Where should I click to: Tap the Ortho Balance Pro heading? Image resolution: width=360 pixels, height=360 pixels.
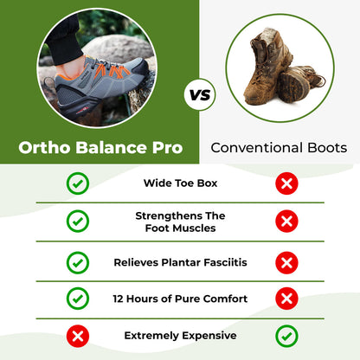(x=100, y=148)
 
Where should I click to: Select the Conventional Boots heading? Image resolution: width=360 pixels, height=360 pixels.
(x=280, y=148)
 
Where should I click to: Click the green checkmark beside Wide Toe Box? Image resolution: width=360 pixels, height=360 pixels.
(x=78, y=183)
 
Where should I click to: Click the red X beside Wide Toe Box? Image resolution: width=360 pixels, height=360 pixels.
(x=286, y=183)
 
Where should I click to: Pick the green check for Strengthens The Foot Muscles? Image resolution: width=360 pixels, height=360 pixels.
(x=78, y=222)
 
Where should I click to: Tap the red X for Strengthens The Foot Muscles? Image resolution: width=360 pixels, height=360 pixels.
(x=286, y=222)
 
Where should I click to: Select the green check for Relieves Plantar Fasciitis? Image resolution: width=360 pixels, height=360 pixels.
(x=78, y=261)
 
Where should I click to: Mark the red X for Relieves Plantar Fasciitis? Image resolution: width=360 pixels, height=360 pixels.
(x=286, y=261)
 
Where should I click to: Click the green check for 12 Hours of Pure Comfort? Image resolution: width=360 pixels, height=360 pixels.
(x=78, y=299)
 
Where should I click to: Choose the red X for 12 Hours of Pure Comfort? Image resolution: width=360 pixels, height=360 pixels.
(x=286, y=299)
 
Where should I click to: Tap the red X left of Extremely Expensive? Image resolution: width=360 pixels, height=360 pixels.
(x=78, y=335)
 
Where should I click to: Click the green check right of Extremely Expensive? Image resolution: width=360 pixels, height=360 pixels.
(x=286, y=335)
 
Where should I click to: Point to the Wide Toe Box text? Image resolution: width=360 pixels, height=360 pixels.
(x=180, y=183)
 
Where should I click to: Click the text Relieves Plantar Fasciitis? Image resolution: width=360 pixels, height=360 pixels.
(x=180, y=261)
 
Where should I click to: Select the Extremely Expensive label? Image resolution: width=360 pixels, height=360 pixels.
(x=180, y=335)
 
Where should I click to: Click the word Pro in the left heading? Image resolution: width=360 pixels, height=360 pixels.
(x=168, y=148)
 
